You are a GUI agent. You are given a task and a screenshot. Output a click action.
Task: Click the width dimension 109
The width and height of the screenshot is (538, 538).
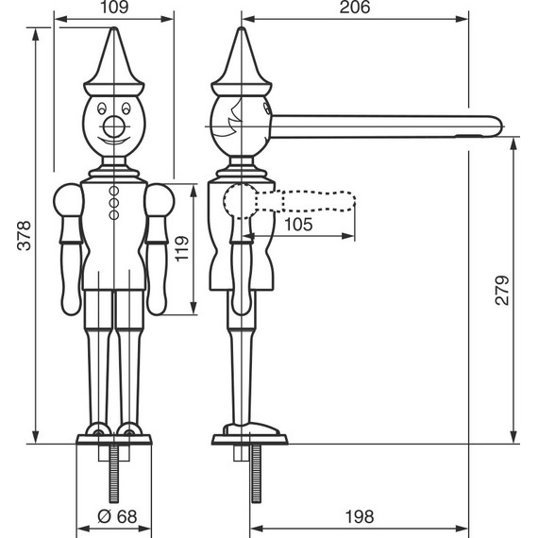[113, 8]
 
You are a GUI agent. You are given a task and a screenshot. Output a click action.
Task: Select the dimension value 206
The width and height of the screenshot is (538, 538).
[356, 8]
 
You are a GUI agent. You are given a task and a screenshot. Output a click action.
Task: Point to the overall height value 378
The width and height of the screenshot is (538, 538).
[25, 236]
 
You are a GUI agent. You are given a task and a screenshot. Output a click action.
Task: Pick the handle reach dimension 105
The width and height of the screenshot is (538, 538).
[298, 224]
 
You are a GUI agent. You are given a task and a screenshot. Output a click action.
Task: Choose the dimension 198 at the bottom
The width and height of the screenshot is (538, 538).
[360, 516]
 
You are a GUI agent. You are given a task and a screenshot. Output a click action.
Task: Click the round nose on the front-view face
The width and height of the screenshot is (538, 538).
[113, 125]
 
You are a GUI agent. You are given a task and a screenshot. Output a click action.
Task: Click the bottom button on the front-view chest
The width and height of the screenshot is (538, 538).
[114, 214]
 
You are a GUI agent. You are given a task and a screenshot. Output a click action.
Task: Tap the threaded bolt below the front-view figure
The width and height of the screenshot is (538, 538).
[114, 472]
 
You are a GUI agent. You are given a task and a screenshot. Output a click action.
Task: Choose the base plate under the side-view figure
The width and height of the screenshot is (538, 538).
[249, 435]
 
